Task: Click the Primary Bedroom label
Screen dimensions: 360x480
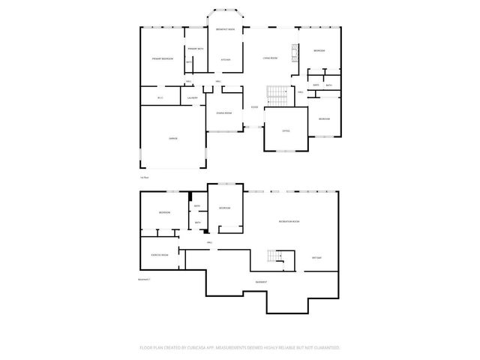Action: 163,58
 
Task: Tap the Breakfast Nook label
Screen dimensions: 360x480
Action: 226,29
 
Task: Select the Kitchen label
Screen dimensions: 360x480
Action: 225,59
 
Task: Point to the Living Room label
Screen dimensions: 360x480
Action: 271,57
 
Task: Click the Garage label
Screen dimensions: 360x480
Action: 172,139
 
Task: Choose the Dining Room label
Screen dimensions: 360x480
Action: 223,113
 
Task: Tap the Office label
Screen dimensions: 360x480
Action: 286,130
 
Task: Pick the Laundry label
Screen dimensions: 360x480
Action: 192,98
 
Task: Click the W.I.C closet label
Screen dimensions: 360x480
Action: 160,98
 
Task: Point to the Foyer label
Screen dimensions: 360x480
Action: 255,107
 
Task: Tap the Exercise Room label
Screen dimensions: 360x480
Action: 159,255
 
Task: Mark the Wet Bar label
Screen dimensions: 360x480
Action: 316,257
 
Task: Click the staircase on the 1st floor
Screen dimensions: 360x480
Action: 277,96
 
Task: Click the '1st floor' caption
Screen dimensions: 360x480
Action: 145,177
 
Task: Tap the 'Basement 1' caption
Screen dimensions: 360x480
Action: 145,280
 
